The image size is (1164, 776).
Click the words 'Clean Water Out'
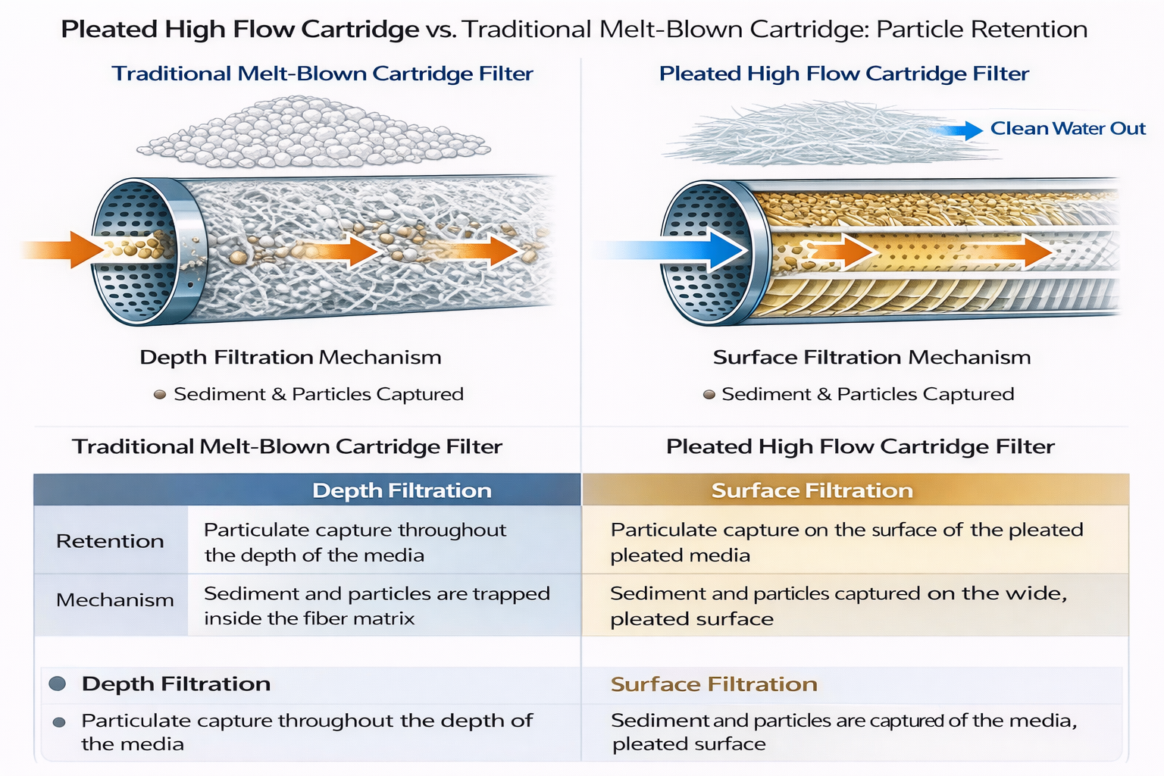[1067, 129]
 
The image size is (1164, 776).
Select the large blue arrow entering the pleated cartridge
[682, 249]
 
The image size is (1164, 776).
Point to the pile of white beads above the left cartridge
[318, 133]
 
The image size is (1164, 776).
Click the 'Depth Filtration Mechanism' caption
[290, 357]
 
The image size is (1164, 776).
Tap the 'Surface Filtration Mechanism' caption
[871, 357]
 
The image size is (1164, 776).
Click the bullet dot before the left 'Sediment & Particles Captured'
[160, 394]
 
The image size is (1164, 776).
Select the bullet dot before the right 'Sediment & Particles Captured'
[709, 394]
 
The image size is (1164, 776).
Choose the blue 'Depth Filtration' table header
[402, 490]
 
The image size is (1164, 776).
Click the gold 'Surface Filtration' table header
[812, 490]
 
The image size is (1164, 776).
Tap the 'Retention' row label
[110, 541]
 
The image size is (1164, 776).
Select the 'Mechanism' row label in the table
[114, 600]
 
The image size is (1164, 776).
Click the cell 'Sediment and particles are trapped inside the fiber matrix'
[376, 605]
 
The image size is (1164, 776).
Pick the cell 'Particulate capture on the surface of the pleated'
[846, 542]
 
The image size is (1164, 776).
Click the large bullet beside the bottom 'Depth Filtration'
[57, 684]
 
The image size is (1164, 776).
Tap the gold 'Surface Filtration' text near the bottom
[714, 684]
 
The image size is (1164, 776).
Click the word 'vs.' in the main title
[440, 30]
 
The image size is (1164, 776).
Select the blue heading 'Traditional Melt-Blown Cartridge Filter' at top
[322, 74]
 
